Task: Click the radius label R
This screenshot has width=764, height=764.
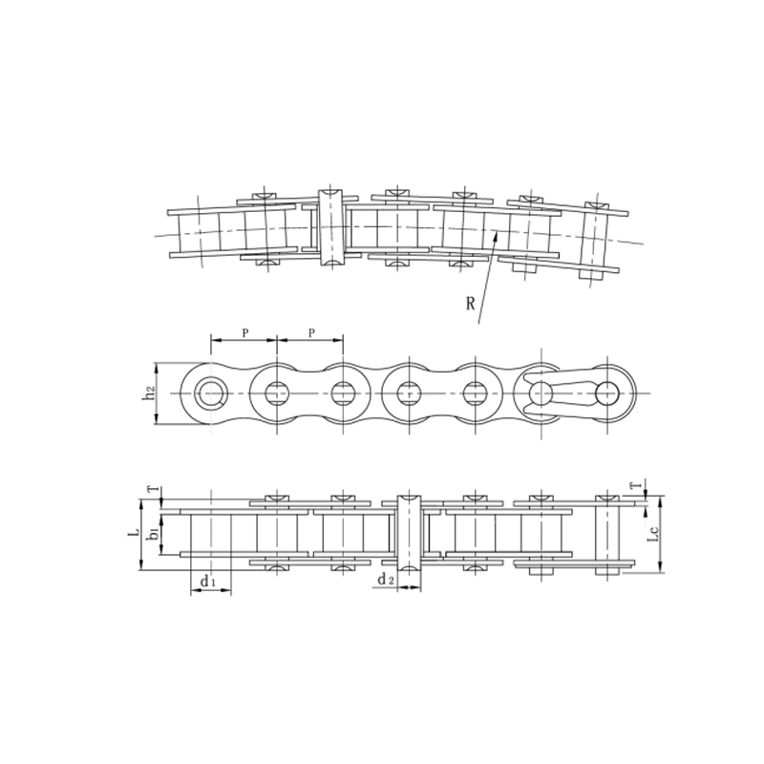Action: point(471,304)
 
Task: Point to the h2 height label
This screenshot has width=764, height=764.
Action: point(149,393)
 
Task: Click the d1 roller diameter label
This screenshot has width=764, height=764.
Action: point(208,580)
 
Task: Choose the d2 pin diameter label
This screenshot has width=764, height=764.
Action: point(384,580)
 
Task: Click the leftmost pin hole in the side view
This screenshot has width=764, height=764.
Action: point(210,392)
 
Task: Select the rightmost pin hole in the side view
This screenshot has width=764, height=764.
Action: point(607,392)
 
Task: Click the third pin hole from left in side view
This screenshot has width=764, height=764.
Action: point(344,392)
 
